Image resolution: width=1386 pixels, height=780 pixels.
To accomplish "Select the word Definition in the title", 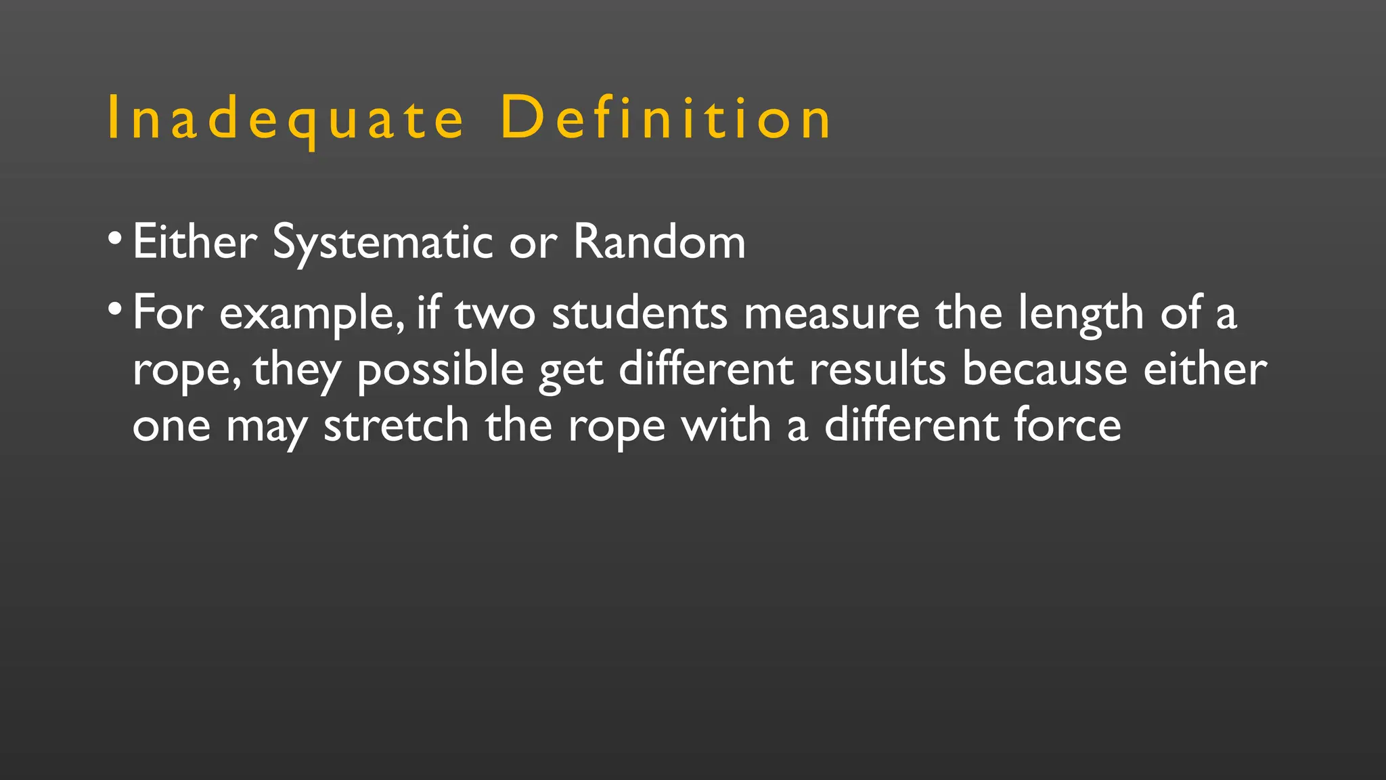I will pyautogui.click(x=666, y=119).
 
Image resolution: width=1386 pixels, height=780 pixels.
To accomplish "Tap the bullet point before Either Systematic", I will pyautogui.click(x=115, y=238).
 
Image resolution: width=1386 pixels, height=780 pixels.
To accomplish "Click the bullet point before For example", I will pyautogui.click(x=115, y=309).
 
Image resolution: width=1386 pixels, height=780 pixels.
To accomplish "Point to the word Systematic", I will pyautogui.click(x=382, y=242).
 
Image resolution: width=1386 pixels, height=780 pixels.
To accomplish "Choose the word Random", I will pyautogui.click(x=659, y=242).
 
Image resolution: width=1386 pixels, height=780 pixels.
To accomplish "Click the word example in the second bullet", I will pyautogui.click(x=311, y=314).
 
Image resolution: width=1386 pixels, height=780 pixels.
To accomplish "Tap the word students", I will pyautogui.click(x=640, y=313).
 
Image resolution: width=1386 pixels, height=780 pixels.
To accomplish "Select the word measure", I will pyautogui.click(x=832, y=313).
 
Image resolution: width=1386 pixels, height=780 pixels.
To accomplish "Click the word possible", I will pyautogui.click(x=441, y=370).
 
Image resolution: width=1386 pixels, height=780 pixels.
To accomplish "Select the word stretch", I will pyautogui.click(x=397, y=426).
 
